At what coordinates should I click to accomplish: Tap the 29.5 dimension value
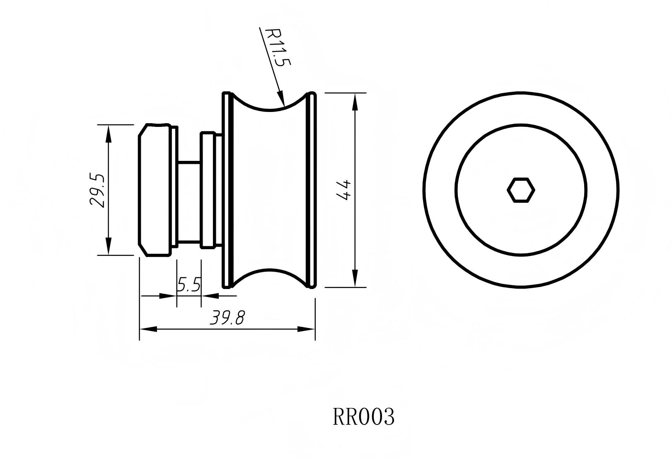(x=98, y=190)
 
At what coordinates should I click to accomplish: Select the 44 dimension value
(x=345, y=190)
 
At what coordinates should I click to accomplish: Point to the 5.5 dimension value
(x=189, y=285)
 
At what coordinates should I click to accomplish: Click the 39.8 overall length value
(x=227, y=318)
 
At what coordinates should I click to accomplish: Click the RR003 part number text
(x=363, y=417)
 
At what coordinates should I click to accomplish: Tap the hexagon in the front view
(x=521, y=190)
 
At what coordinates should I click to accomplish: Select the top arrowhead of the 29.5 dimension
(x=109, y=133)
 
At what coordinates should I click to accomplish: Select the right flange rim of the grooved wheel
(x=313, y=190)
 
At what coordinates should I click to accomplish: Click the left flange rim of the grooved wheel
(x=226, y=190)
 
